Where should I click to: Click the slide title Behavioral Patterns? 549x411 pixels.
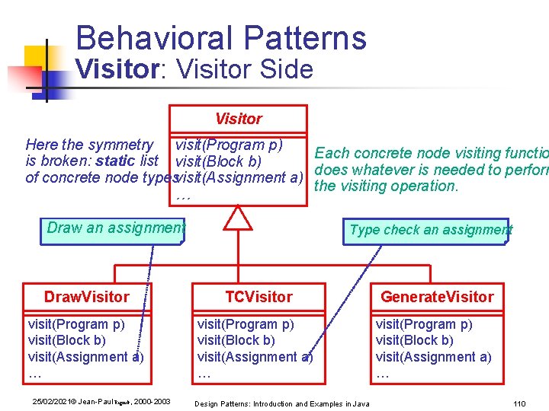point(221,38)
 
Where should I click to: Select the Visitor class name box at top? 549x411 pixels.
point(238,119)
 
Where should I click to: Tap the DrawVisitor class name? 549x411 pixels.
point(86,297)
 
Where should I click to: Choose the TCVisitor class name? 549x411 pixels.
point(258,297)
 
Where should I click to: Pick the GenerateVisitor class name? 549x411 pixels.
point(437,297)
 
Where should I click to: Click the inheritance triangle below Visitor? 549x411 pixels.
point(238,218)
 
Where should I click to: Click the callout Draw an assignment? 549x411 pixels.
point(115,228)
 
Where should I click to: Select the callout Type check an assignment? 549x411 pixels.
point(430,230)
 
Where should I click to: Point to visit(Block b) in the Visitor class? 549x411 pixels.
point(218,161)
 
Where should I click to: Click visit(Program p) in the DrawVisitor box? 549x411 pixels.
point(76,324)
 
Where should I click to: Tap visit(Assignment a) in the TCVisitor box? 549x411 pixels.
point(255,357)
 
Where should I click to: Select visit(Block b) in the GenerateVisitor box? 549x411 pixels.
point(414,340)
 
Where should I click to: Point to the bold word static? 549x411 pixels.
point(116,161)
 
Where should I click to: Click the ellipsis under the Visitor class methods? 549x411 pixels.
point(182,197)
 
